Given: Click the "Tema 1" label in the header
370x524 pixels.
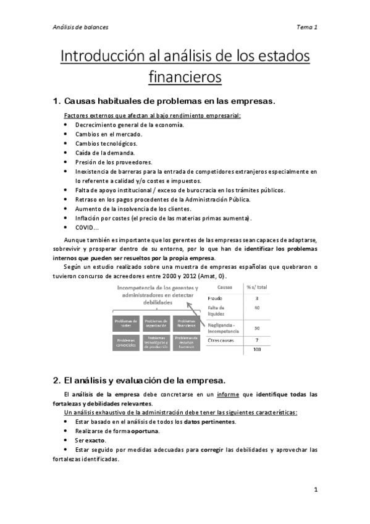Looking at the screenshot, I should pyautogui.click(x=307, y=27).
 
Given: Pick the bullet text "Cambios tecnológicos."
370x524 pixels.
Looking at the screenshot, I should pyautogui.click(x=106, y=143).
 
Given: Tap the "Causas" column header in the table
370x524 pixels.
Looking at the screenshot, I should pyautogui.click(x=225, y=287).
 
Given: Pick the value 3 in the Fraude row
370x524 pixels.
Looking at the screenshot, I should pyautogui.click(x=256, y=298).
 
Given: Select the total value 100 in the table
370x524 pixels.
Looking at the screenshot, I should pyautogui.click(x=256, y=350).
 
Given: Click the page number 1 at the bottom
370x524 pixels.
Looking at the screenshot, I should pyautogui.click(x=315, y=491).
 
